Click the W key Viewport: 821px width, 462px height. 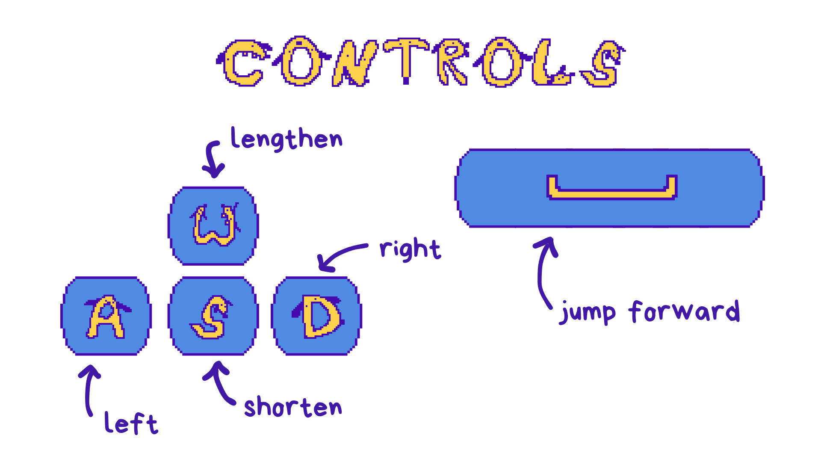click(213, 226)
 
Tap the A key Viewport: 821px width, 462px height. click(106, 316)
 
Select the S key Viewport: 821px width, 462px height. click(213, 316)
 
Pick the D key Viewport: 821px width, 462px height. click(316, 316)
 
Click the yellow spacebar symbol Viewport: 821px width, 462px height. click(612, 195)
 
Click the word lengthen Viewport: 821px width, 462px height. click(286, 139)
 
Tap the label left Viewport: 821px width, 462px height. click(131, 423)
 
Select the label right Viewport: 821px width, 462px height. click(410, 249)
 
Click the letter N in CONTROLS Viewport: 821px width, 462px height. click(355, 63)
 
